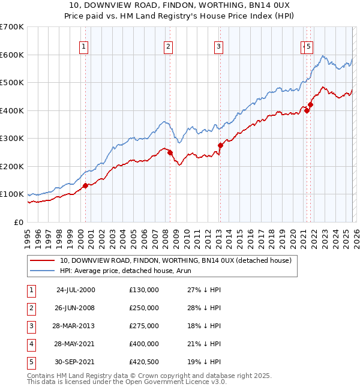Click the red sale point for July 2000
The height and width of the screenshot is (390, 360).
[86, 185]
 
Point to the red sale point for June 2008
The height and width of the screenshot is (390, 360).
[170, 152]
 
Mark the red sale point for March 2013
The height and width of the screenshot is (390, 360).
[220, 145]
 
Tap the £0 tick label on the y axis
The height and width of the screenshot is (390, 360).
[18, 222]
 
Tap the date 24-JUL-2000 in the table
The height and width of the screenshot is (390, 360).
[75, 290]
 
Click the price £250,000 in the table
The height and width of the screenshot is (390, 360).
[144, 308]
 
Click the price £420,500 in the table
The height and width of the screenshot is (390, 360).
[144, 362]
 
